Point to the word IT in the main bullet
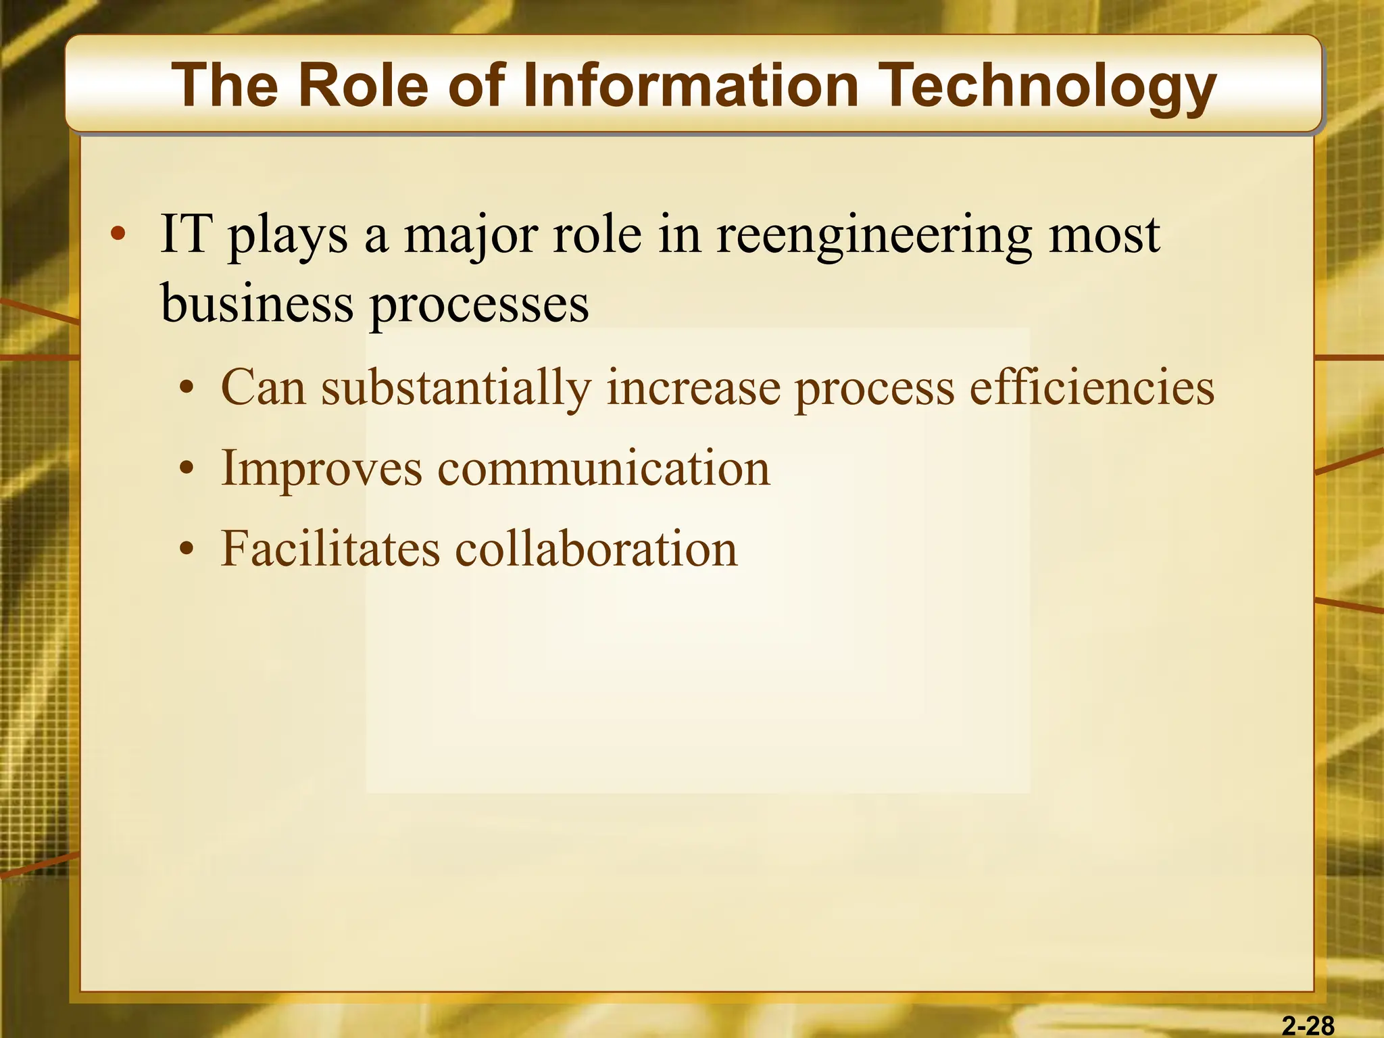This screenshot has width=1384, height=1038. click(x=187, y=234)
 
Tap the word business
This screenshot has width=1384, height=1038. click(x=257, y=303)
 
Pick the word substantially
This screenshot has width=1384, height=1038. click(x=456, y=389)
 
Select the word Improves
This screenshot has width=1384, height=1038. click(x=322, y=469)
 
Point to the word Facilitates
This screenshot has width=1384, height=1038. click(x=330, y=548)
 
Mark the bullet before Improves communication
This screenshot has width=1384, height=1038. click(x=187, y=468)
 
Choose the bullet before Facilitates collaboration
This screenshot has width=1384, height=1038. click(x=187, y=549)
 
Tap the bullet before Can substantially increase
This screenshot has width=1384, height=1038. click(x=187, y=389)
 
